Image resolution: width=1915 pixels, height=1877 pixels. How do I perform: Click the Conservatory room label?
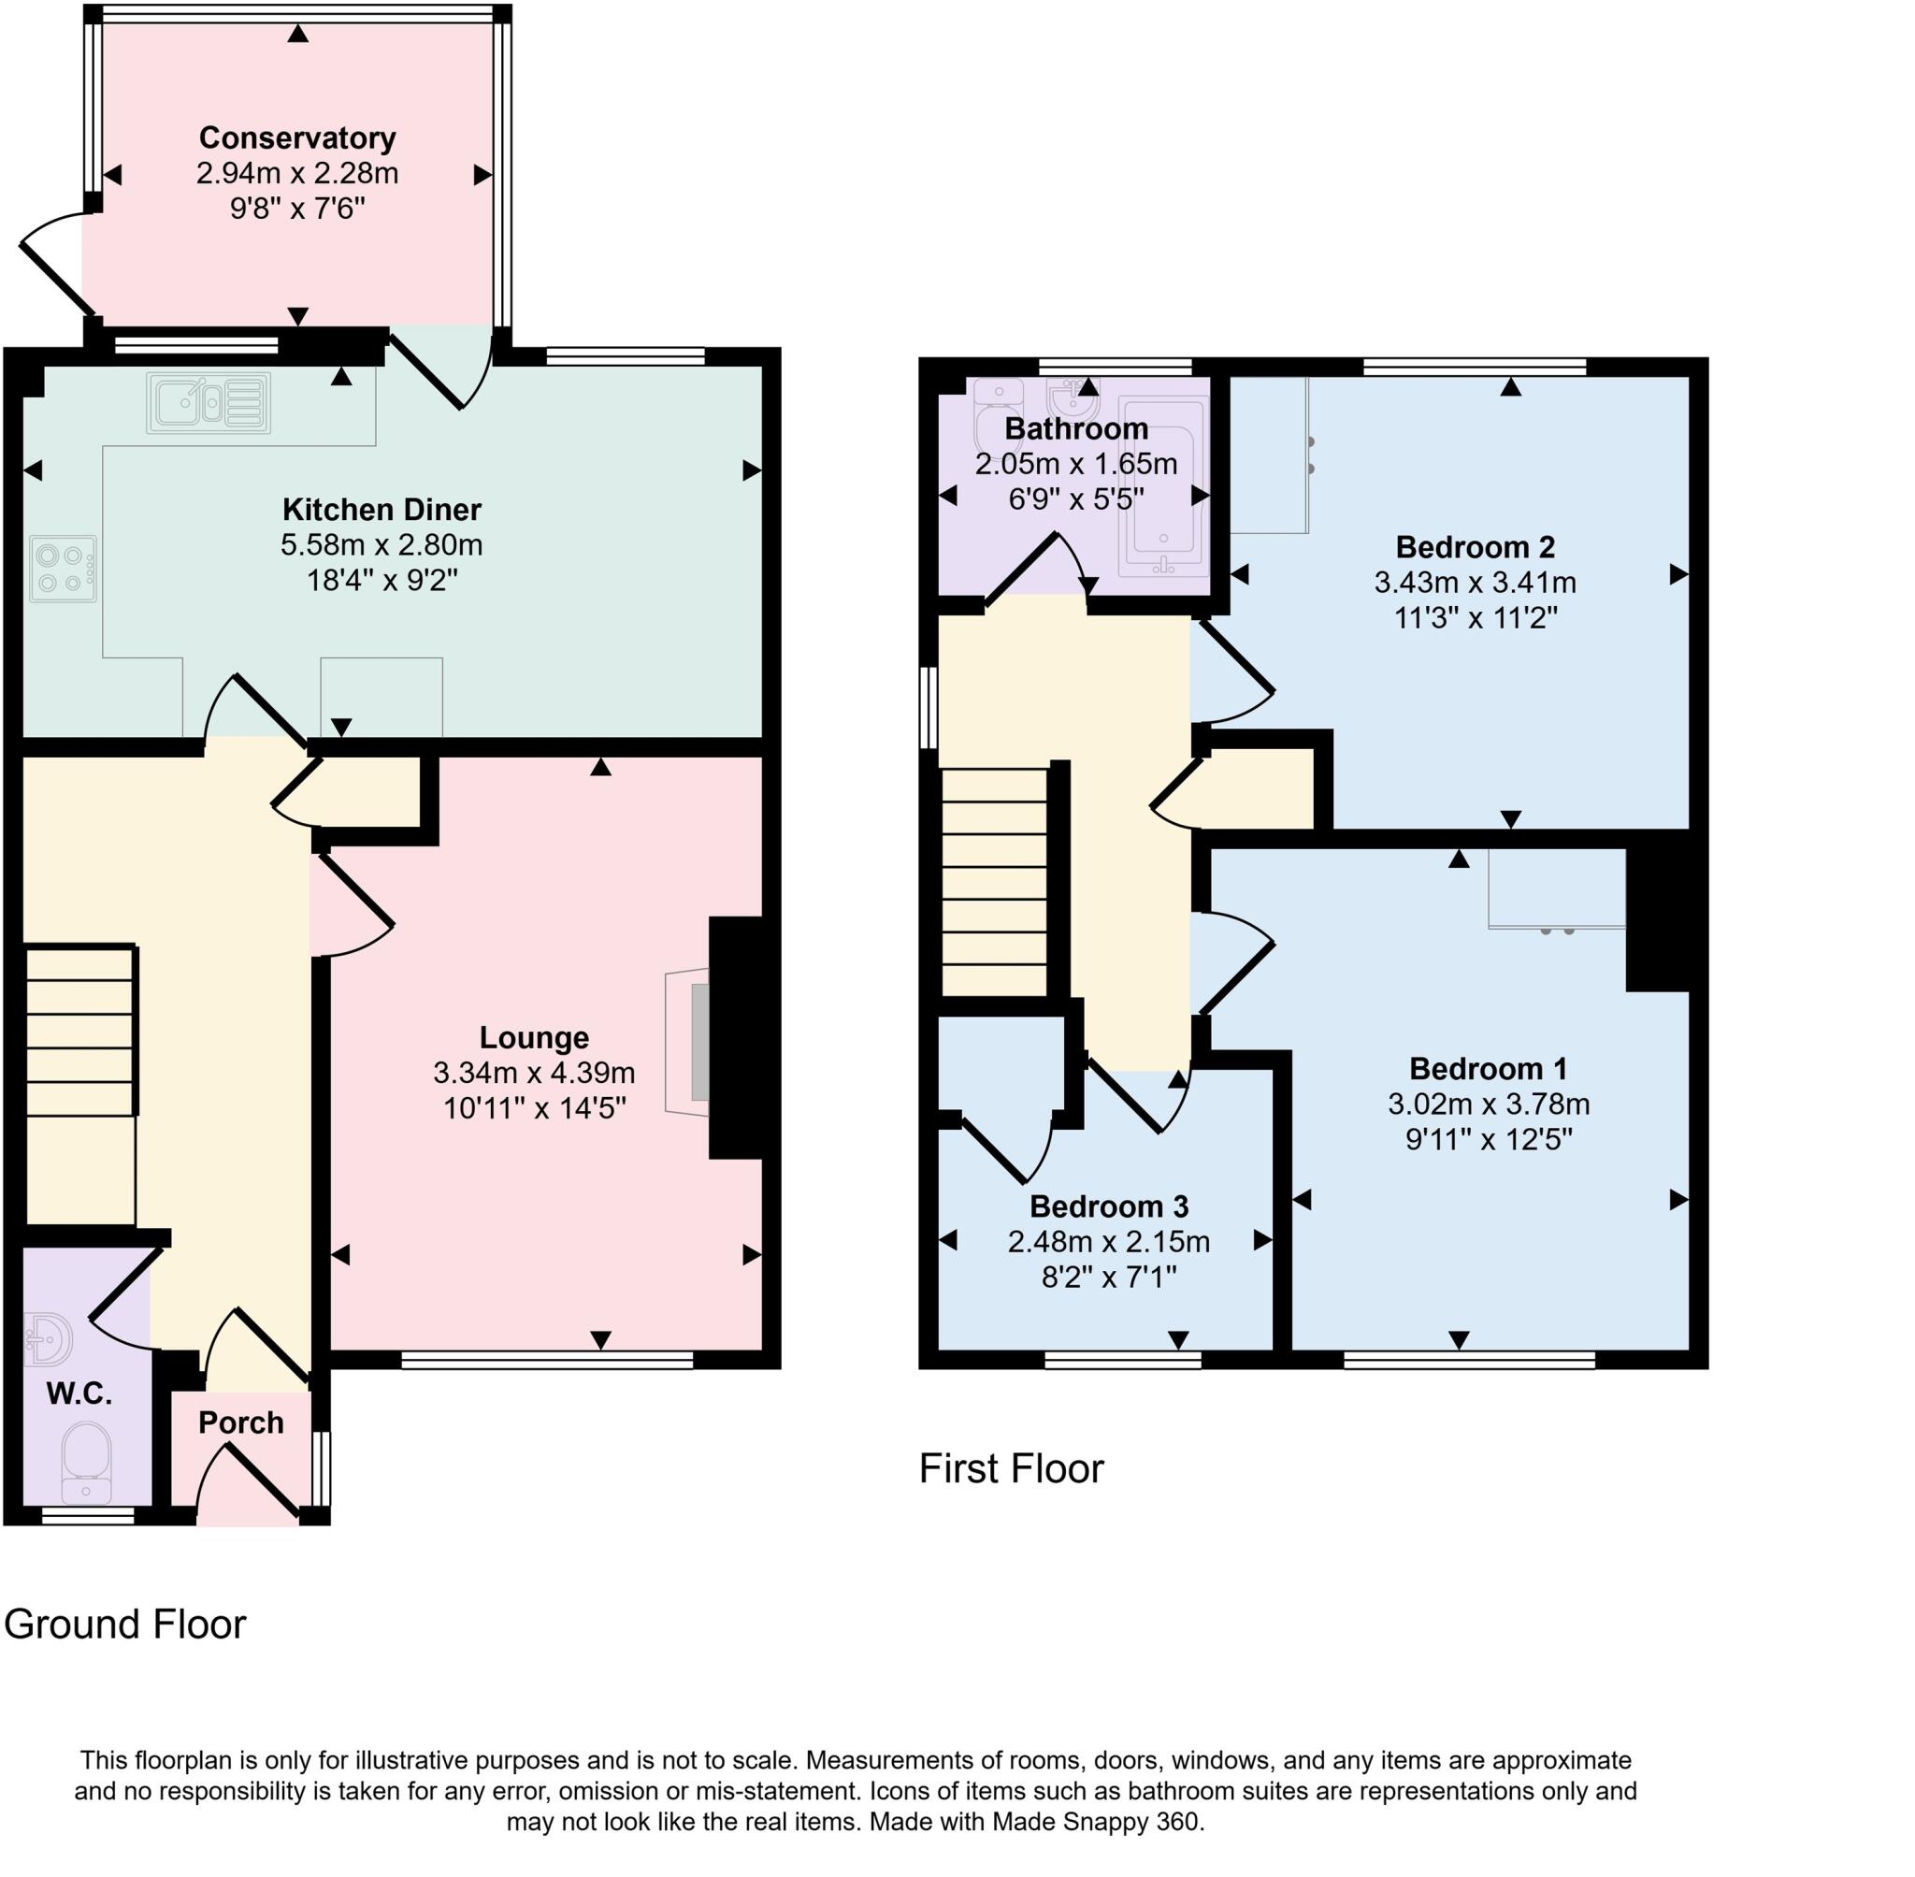(296, 138)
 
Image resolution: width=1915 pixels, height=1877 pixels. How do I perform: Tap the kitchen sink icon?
(208, 402)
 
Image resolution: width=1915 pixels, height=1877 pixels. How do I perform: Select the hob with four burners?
(63, 569)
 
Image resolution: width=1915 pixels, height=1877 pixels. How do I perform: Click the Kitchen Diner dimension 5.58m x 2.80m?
(382, 545)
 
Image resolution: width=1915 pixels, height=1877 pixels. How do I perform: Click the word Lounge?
(533, 1037)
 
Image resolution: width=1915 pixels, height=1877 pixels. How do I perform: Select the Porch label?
(240, 1422)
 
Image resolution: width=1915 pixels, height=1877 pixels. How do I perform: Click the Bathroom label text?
(1075, 429)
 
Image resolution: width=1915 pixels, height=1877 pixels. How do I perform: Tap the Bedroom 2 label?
(1475, 547)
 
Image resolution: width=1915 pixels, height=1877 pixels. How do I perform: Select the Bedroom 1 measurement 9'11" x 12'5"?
(1489, 1140)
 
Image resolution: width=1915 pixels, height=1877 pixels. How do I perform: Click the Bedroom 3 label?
(1109, 1206)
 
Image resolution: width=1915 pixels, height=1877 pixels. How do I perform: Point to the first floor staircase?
(993, 882)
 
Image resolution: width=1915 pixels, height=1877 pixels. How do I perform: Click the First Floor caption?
(1010, 1469)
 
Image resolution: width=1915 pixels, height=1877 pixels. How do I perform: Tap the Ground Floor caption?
(125, 1624)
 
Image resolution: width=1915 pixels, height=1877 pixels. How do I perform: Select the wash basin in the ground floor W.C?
(48, 1338)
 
